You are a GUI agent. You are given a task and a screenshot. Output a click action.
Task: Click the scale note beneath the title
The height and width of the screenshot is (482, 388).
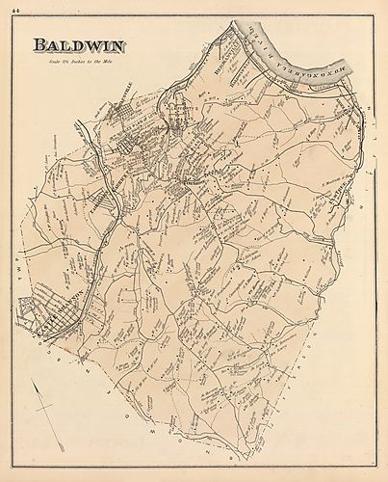point(81,62)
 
